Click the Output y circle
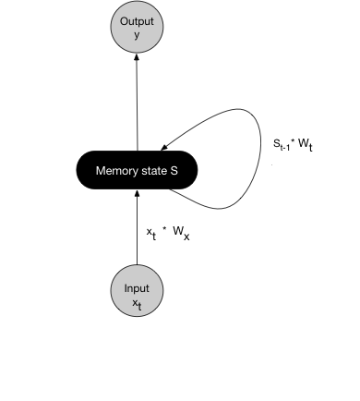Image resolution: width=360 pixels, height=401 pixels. point(137,27)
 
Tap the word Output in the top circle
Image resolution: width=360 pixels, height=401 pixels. point(137,21)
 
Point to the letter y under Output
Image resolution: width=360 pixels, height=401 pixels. point(137,35)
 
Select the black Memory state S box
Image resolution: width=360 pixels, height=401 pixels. point(137,171)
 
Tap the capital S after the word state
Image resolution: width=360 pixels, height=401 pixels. point(174,171)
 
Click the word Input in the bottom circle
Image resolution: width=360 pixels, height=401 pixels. point(137,288)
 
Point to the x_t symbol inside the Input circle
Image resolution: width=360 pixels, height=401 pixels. point(137,302)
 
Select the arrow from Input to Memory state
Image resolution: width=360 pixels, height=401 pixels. point(137,231)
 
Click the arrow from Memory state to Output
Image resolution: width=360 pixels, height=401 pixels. point(137,102)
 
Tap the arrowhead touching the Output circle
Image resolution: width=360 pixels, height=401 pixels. point(137,57)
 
